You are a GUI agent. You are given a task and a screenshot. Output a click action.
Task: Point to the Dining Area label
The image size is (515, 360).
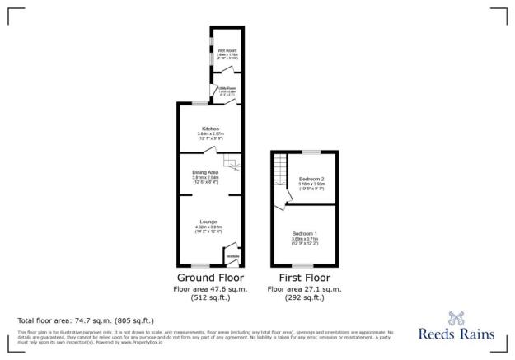coord(206,171)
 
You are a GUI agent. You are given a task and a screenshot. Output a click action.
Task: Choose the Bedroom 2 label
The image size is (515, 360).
coord(311,179)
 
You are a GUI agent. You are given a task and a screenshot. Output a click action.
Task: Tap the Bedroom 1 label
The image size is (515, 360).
coord(305,233)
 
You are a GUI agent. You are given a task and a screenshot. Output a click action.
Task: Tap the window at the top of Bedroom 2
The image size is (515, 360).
coord(312,152)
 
